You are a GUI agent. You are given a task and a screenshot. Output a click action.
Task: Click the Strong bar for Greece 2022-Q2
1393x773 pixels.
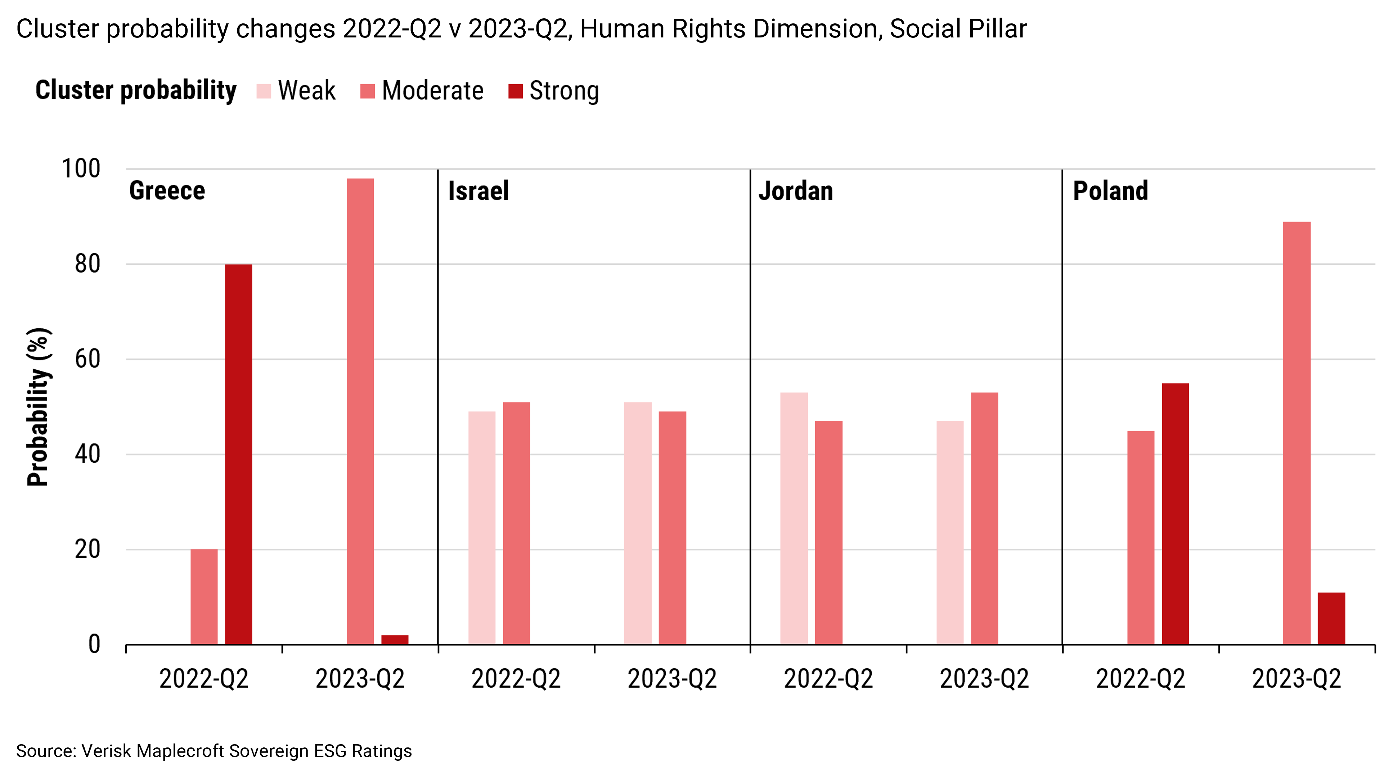[x=238, y=454]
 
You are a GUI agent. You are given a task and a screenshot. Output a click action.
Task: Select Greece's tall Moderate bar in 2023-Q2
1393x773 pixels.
[x=360, y=411]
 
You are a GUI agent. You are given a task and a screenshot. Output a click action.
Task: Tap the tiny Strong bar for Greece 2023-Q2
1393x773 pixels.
[x=395, y=639]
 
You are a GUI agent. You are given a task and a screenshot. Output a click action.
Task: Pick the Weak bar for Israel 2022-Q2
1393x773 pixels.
[x=482, y=527]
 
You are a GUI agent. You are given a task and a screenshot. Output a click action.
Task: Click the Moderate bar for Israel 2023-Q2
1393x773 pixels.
[x=672, y=527]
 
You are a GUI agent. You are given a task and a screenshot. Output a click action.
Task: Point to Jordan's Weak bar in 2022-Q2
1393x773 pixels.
[x=794, y=518]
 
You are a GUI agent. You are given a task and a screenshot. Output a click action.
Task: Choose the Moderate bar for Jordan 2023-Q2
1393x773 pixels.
[x=984, y=518]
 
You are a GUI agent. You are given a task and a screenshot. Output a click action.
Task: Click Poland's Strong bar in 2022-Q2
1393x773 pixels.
[x=1175, y=514]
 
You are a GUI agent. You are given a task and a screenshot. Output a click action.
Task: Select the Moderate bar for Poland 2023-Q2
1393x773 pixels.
[x=1297, y=433]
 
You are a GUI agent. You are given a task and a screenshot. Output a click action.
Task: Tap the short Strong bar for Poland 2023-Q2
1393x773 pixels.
[x=1331, y=618]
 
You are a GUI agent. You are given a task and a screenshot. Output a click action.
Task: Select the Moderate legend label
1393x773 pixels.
[x=433, y=91]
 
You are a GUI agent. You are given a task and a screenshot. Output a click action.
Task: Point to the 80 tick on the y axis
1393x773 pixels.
[x=87, y=264]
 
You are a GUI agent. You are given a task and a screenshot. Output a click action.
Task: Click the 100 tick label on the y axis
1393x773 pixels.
[x=81, y=169]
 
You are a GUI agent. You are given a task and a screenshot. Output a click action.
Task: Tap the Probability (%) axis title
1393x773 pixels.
[x=39, y=407]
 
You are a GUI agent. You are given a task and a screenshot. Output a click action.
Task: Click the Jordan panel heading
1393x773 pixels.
[x=795, y=191]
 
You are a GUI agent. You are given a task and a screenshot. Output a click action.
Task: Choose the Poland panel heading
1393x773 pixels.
[x=1110, y=191]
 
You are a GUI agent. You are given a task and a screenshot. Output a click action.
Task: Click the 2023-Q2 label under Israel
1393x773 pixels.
[x=672, y=679]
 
